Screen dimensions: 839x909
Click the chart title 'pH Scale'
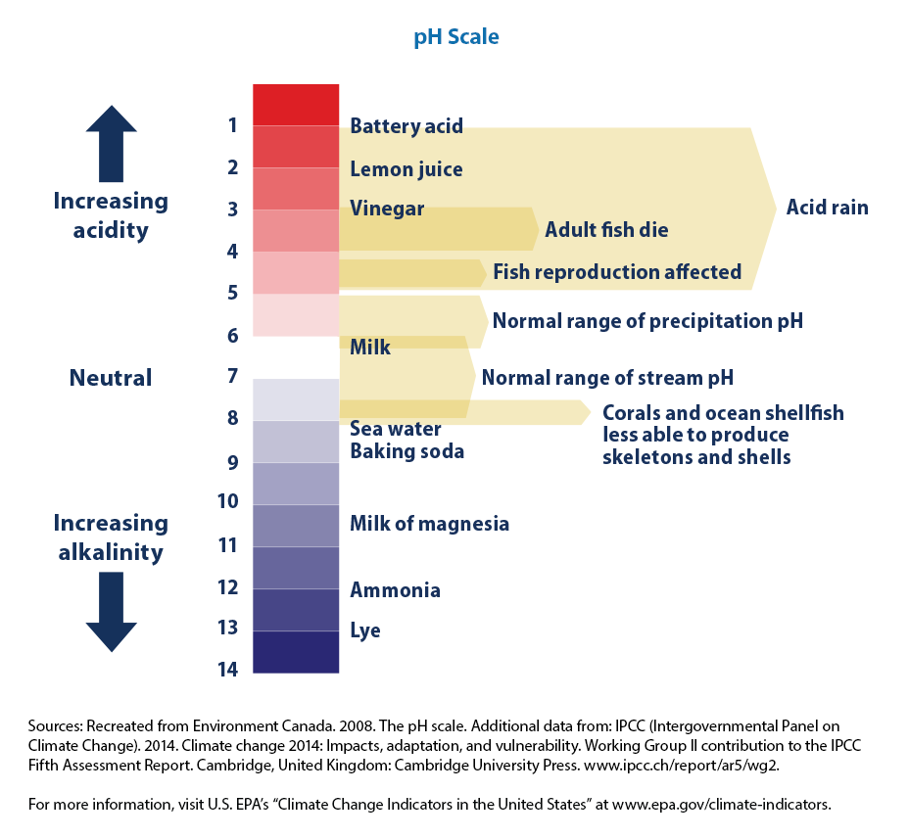454,37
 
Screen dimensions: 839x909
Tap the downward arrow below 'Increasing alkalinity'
111,613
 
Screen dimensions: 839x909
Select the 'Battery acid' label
407,126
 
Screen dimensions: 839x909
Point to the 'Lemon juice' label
406,169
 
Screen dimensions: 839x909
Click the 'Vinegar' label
387,209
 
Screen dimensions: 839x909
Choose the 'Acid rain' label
827,208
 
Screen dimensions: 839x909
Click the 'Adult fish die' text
606,230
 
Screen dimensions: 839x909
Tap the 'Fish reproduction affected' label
616,271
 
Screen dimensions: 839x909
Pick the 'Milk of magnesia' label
429,524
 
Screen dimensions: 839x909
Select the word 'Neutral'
111,378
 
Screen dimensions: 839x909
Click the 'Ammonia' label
395,590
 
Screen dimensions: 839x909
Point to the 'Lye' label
365,630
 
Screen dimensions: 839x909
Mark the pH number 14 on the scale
227,670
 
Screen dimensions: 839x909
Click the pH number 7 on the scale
232,376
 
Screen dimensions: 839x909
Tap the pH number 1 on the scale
233,125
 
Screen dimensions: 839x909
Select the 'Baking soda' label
407,451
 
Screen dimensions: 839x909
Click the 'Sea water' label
396,429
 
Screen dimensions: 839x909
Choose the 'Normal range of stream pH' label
607,378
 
